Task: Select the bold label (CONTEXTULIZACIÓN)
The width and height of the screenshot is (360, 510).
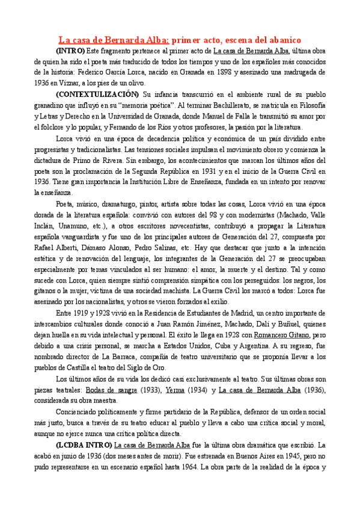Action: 96,95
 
